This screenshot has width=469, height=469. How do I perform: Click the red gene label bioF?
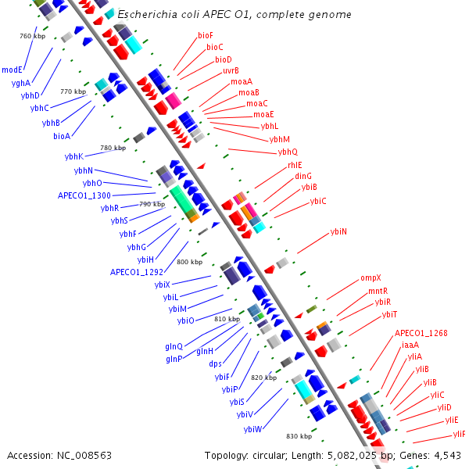coord(206,36)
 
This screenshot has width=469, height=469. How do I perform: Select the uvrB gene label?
coord(231,70)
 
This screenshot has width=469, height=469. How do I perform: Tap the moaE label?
coord(263,114)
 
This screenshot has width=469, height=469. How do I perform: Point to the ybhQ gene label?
coord(288,152)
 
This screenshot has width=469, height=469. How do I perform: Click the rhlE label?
coord(295,165)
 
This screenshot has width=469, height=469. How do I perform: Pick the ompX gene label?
coord(371,277)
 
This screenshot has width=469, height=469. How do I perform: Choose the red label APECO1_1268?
coord(421,333)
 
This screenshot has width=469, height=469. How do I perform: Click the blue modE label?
coord(12,70)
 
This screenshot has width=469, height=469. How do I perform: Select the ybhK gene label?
coord(74,156)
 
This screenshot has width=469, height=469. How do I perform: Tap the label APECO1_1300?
coord(84,195)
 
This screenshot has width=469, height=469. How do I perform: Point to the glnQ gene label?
coord(174,346)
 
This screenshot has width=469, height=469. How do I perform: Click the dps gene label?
coord(216,363)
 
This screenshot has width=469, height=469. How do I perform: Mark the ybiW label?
coord(252,429)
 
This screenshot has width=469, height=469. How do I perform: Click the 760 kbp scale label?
coord(33,36)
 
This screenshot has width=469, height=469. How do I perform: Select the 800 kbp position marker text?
coord(190,262)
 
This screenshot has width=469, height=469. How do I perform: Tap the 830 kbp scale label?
coord(299,436)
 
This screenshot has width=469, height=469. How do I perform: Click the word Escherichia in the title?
coord(147,14)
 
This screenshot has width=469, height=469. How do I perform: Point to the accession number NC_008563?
coord(84,456)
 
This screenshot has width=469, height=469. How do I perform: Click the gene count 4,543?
coord(447,456)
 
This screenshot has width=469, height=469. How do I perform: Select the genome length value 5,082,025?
coord(352,456)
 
